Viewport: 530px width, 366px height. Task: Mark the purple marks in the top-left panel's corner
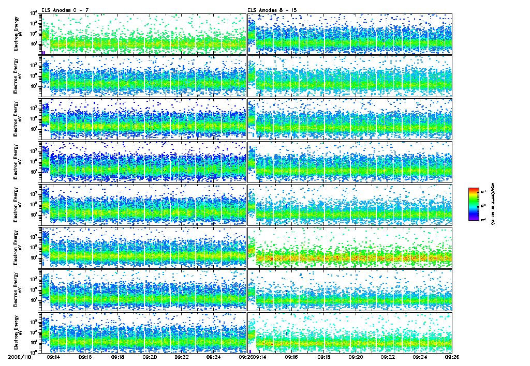(44, 52)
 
